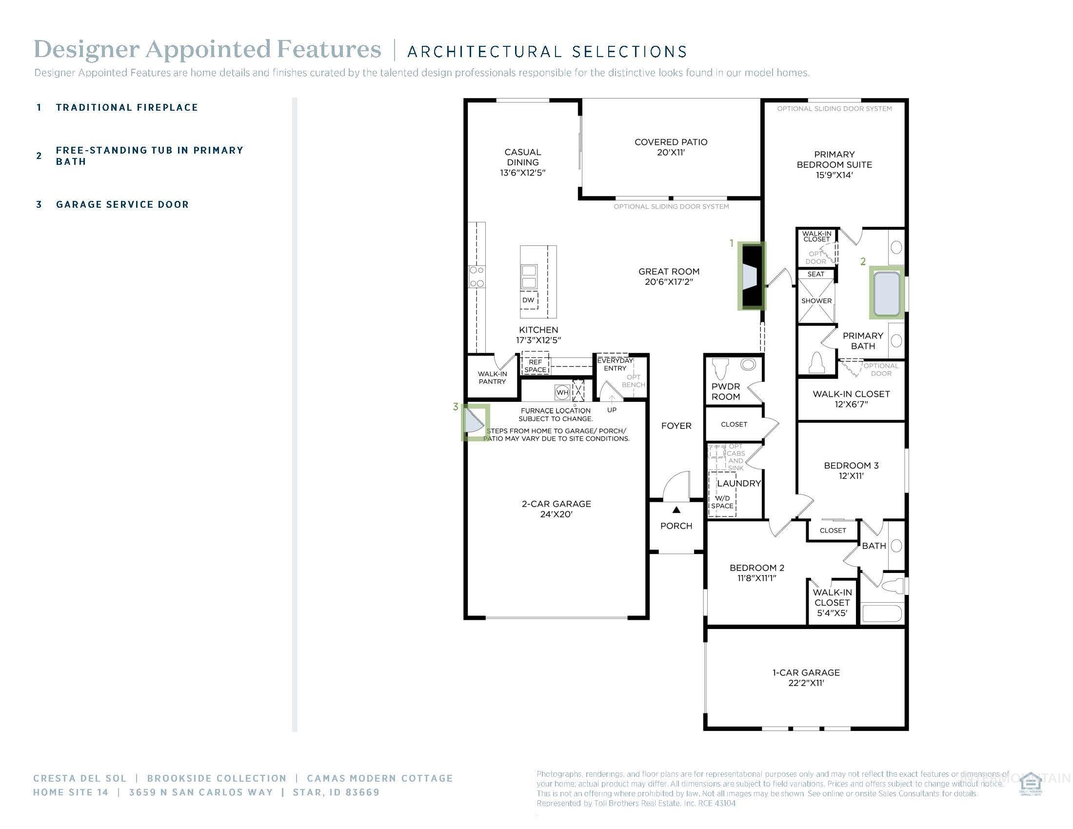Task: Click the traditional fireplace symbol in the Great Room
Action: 752,276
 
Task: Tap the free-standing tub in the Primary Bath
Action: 887,293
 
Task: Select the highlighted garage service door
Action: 475,422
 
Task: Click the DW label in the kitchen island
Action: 528,300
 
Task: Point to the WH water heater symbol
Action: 562,393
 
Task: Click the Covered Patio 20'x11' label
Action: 671,147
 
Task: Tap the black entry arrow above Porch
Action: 676,510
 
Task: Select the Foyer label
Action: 676,426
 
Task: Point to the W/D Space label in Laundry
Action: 722,502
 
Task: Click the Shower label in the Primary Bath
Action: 816,300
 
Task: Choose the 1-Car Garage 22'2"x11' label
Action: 806,677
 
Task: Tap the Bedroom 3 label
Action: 851,470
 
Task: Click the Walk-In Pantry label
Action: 492,377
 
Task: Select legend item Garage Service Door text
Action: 122,204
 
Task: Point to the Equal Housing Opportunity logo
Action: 1030,784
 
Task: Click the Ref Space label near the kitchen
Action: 535,366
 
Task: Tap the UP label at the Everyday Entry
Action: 612,410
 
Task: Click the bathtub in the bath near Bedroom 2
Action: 882,614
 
